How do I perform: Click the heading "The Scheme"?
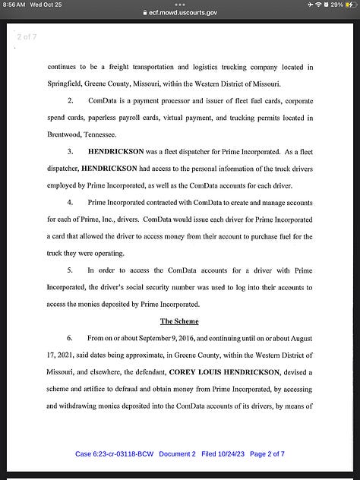pos(179,321)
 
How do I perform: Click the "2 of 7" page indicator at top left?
pos(27,36)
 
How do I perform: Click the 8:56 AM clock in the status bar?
pos(14,5)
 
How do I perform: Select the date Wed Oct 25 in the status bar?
pos(46,5)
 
